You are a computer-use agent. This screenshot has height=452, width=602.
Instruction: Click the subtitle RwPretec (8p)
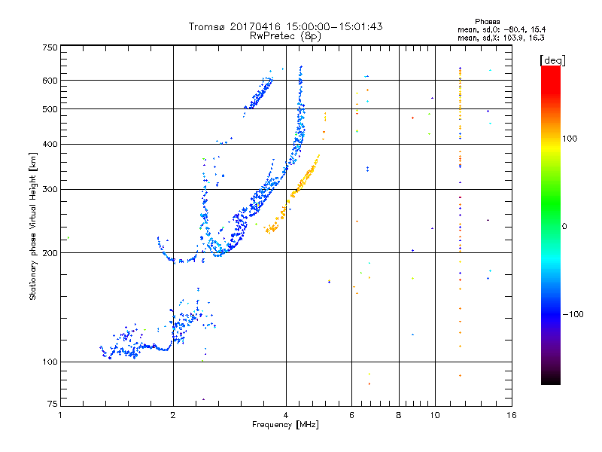pos(286,35)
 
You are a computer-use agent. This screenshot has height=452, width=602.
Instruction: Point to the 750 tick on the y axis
pos(50,47)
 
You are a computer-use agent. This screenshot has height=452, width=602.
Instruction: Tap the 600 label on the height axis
pos(50,80)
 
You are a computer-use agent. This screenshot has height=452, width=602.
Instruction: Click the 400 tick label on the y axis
pos(50,144)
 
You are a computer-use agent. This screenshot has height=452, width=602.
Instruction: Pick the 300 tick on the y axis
pos(50,189)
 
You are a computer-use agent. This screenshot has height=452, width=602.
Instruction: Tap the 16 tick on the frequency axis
pos(511,415)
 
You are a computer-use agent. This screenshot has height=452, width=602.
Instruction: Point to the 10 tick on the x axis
pos(434,415)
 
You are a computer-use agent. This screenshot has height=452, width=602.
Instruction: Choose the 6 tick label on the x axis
pos(351,415)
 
